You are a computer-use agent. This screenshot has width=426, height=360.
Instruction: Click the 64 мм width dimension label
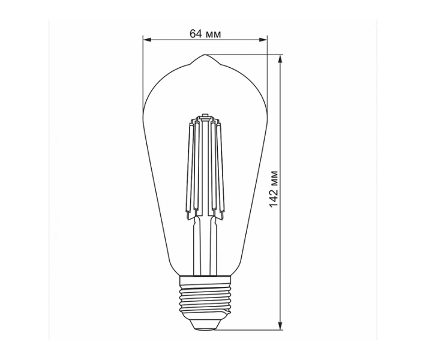pos(205,34)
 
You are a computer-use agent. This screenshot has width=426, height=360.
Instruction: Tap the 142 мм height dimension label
pos(274,189)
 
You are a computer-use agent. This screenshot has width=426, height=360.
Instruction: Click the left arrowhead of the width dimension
pos(147,40)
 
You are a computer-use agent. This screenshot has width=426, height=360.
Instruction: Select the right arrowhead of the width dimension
pos(263,40)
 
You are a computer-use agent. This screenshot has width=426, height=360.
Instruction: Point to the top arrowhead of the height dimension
pos(280,59)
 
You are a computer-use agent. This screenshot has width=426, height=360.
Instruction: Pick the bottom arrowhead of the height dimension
pos(280,326)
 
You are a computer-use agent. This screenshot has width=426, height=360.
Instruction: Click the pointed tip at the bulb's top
pos(205,55)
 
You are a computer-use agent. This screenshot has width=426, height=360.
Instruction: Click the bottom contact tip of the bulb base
pos(205,329)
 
